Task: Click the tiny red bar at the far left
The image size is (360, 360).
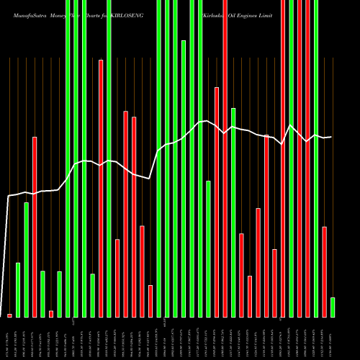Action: (10, 315)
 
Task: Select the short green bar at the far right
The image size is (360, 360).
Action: (333, 307)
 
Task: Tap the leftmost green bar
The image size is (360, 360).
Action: (18, 290)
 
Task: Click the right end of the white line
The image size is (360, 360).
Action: (331, 137)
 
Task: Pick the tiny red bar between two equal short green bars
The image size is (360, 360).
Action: (51, 313)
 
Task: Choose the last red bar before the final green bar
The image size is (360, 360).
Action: (325, 271)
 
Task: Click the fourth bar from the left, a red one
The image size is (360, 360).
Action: (35, 227)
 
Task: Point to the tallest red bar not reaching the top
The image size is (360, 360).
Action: (101, 188)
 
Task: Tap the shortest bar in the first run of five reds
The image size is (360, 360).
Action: (150, 301)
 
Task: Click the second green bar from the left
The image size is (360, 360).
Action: (27, 259)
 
